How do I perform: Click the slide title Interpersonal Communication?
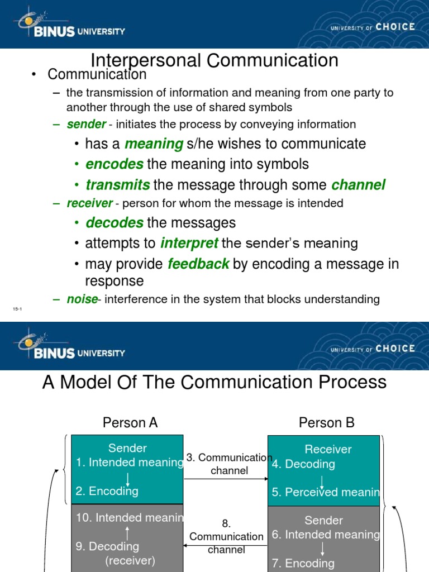(x=214, y=60)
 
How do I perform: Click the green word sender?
(x=86, y=124)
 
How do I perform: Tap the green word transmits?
(x=117, y=185)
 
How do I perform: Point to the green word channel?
(x=358, y=185)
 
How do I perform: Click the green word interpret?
(x=189, y=244)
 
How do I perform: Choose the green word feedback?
(x=198, y=264)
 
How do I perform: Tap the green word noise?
(x=82, y=299)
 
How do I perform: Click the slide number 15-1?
(x=16, y=309)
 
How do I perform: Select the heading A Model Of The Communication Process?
(x=214, y=382)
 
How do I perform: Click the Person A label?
(x=130, y=423)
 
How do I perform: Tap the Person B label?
(x=327, y=423)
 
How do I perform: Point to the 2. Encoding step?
(x=107, y=491)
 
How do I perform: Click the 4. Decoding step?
(x=303, y=464)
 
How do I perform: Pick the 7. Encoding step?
(x=303, y=563)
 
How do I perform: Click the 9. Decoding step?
(x=108, y=546)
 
